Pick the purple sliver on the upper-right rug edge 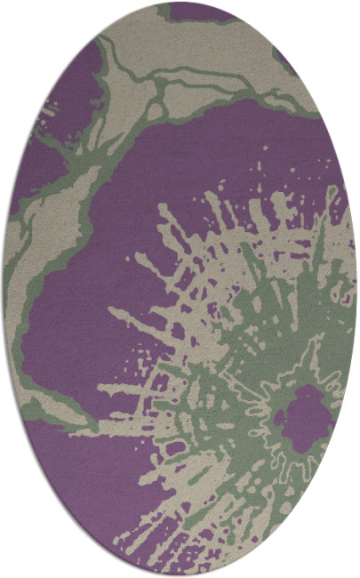[286, 60]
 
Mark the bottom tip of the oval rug [180, 574]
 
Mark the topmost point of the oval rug [180, 3]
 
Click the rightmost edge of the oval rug [356, 289]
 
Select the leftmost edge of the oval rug [4, 289]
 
